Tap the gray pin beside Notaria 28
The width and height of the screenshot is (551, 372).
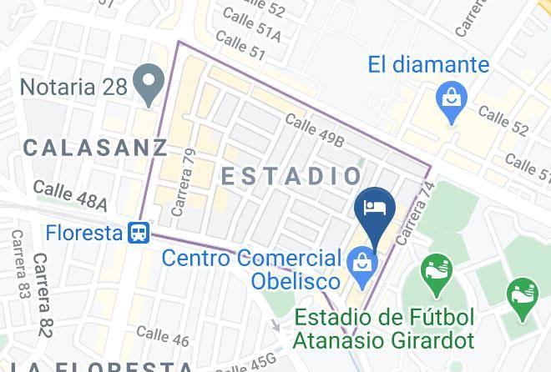pos(151,83)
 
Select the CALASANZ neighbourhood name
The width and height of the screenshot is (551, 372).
pos(95,148)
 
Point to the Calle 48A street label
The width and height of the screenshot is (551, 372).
pos(71,197)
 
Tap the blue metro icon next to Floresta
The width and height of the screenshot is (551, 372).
pos(139,233)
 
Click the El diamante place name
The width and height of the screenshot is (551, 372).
pos(429,64)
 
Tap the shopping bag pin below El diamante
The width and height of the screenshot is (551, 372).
pos(452,101)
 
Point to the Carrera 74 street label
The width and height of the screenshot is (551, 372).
pos(415,214)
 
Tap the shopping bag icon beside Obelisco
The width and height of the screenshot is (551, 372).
pos(364,263)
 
